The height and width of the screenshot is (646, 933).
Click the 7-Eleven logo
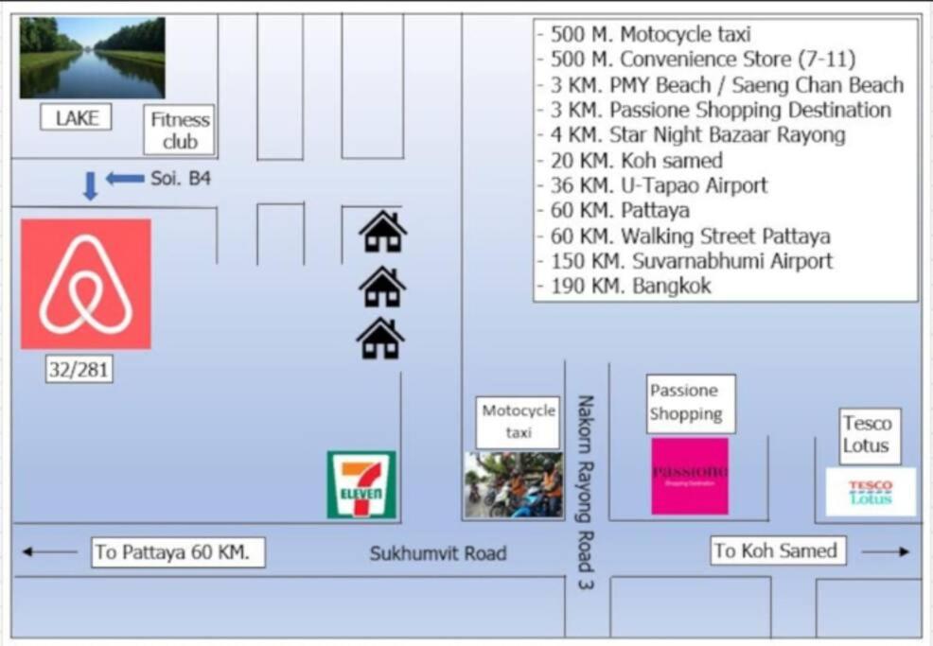point(361,484)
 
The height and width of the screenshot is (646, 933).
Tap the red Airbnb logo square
point(86,284)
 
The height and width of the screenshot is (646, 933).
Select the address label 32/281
point(79,370)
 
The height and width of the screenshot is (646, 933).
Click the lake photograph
point(92,58)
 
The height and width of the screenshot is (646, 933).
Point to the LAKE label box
point(76,117)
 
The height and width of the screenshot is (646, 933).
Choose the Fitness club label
point(179,131)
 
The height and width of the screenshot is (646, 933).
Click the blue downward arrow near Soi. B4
point(90,185)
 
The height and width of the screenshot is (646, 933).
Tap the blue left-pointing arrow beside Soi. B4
point(125,178)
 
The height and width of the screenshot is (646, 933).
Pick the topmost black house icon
point(382,232)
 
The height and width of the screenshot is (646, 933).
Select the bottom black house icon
point(380,339)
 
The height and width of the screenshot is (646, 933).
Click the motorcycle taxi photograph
point(514,484)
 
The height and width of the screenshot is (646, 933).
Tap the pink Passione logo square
point(690,476)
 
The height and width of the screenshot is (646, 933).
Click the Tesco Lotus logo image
point(871,492)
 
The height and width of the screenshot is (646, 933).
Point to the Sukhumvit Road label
point(438,553)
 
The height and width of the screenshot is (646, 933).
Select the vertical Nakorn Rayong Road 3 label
point(586,492)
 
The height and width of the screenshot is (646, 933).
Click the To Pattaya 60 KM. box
point(178,552)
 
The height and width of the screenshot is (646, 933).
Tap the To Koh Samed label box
point(778,550)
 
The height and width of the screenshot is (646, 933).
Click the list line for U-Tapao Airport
point(653,185)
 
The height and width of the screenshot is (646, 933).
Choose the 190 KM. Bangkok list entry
point(625,287)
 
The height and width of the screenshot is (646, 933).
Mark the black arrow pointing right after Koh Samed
point(886,552)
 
